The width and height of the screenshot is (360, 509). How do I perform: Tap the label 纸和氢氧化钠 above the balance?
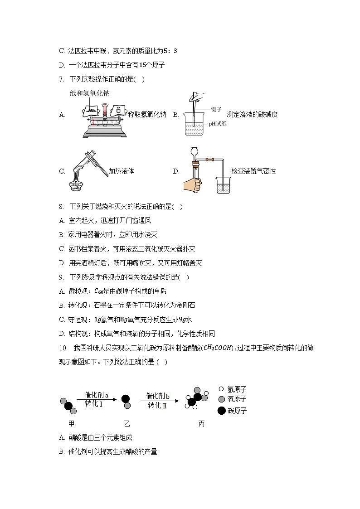pos(90,93)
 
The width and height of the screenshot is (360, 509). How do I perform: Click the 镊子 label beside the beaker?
pos(216,109)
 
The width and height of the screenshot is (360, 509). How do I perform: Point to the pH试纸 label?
pos(217,124)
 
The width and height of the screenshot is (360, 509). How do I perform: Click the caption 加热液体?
pos(121,171)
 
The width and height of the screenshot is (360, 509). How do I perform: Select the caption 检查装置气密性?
pos(253,171)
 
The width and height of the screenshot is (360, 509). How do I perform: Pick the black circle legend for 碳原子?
pos(221,411)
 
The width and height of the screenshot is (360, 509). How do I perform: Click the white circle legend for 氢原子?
pos(221,389)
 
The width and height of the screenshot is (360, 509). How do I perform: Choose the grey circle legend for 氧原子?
pos(221,399)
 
